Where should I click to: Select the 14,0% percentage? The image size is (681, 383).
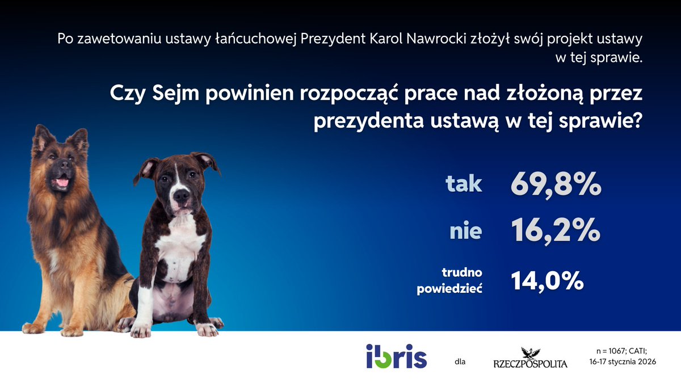(x=548, y=281)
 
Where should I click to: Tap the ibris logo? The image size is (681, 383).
(x=397, y=356)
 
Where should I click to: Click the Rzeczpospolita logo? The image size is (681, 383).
(x=529, y=357)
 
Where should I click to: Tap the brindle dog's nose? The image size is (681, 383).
(x=181, y=195)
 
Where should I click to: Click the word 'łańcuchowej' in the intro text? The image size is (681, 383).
(x=262, y=40)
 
